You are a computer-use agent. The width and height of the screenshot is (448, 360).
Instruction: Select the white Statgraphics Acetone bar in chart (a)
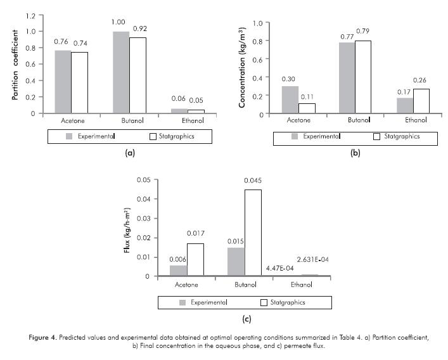click(x=79, y=82)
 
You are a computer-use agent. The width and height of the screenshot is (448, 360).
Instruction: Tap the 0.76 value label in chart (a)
click(x=61, y=42)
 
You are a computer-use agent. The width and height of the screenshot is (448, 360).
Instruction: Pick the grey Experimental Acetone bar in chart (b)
click(x=290, y=100)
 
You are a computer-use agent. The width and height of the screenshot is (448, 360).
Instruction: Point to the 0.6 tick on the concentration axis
click(x=258, y=59)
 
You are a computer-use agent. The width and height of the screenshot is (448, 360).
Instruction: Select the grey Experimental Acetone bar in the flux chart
click(x=178, y=271)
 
